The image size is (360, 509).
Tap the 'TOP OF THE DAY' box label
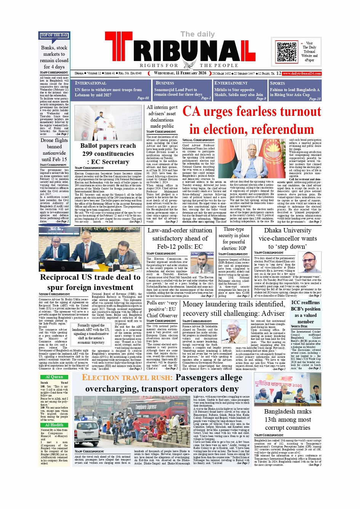[x=54, y=35]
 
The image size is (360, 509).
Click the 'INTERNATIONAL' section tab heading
[x=91, y=83]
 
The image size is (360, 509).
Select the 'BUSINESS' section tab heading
[x=165, y=83]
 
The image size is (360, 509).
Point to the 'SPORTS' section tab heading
[x=277, y=83]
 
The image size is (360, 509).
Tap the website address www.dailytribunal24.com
[x=302, y=74]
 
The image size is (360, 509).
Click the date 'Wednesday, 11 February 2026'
[x=180, y=73]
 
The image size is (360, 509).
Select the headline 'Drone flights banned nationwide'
[x=54, y=150]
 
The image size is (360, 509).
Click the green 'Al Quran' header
[x=54, y=377]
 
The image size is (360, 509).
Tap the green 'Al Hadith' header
[x=54, y=425]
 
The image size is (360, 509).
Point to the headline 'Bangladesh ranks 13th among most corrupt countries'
[x=288, y=419]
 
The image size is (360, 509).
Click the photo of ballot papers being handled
[x=108, y=123]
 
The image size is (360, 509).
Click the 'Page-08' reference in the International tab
[x=143, y=98]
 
